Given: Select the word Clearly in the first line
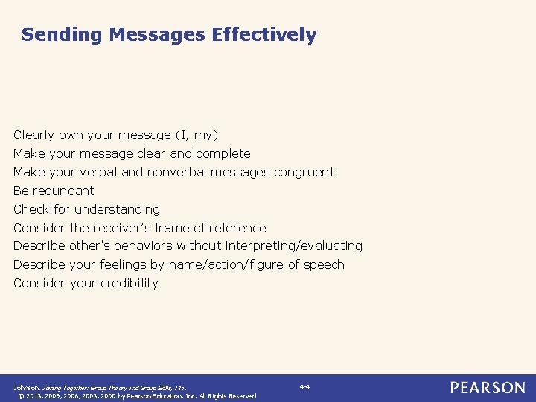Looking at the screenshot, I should click(34, 135).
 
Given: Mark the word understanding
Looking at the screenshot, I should click(117, 209).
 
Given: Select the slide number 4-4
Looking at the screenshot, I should click(304, 387).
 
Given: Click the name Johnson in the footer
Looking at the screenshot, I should click(26, 388).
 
